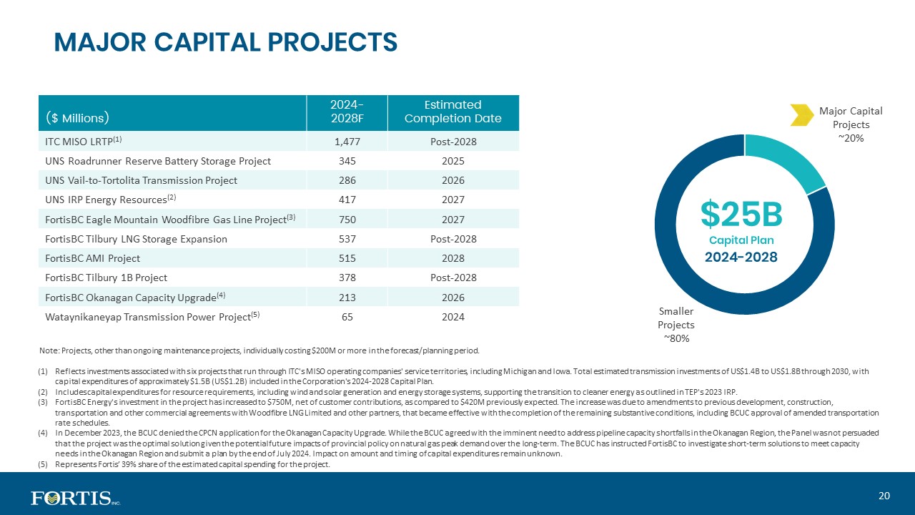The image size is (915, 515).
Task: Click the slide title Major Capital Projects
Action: point(225,42)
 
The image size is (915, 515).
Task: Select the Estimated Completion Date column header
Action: point(453,112)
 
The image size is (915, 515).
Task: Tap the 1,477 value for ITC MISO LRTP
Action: point(347,142)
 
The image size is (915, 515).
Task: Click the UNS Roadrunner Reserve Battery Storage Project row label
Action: point(158,161)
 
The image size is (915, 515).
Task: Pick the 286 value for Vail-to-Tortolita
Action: point(347,180)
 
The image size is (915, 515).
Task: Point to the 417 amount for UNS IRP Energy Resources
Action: point(347,200)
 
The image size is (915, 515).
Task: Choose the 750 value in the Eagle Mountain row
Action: point(347,220)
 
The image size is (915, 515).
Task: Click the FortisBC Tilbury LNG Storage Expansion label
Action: point(136,239)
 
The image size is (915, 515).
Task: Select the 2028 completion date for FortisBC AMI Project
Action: point(453,258)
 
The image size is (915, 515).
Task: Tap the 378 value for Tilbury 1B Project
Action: point(347,278)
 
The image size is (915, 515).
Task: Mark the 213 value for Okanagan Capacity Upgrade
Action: point(347,298)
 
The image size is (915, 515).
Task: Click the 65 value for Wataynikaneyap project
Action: point(347,317)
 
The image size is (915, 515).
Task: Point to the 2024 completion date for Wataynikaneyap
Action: point(453,317)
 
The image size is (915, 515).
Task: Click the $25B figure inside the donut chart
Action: point(741,214)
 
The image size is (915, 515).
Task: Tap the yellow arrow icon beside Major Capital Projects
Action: point(802,115)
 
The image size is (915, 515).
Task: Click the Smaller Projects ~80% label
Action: point(676,325)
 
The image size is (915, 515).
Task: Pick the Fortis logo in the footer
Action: point(76,499)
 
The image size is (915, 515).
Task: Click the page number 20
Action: point(884,496)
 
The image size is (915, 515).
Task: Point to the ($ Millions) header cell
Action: point(77,118)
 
